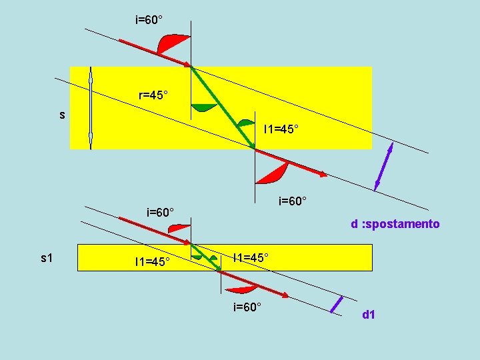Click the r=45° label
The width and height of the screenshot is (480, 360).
[153, 95]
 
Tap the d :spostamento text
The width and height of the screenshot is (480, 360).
[395, 224]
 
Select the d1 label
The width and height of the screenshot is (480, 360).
[369, 313]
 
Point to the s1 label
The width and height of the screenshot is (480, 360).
[47, 257]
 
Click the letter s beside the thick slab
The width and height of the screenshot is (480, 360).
[62, 115]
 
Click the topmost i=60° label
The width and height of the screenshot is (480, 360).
[149, 20]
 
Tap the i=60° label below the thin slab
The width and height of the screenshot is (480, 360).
[247, 307]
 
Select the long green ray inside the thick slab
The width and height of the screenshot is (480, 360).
[223, 108]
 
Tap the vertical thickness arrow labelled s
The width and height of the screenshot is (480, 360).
[91, 107]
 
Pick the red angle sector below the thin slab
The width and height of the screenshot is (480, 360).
[241, 289]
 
